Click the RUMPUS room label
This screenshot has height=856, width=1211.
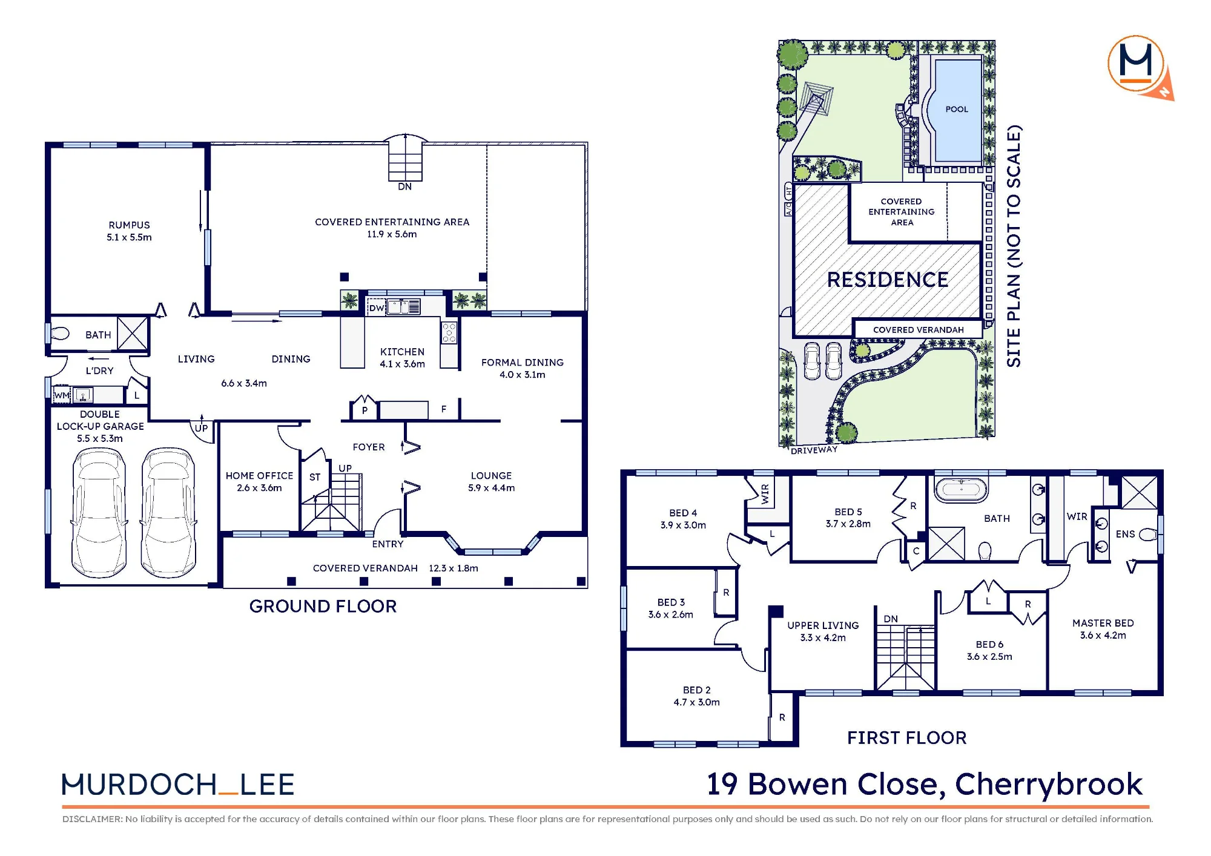click(129, 225)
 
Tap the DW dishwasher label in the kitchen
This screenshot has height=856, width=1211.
click(377, 308)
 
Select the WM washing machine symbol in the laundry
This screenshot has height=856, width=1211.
click(62, 395)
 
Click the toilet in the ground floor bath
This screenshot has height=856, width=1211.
click(59, 334)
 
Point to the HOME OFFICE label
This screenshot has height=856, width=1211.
click(259, 476)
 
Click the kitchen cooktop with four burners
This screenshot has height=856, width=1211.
click(449, 332)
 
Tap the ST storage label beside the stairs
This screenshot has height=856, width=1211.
click(315, 477)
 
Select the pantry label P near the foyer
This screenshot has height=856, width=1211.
click(365, 410)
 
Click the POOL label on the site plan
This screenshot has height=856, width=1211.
click(957, 109)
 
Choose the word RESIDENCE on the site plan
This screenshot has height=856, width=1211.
click(888, 280)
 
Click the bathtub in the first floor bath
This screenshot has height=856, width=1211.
click(962, 489)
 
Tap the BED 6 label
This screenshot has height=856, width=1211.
click(989, 644)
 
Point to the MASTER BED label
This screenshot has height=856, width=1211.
click(1103, 623)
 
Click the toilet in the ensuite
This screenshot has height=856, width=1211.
click(1148, 535)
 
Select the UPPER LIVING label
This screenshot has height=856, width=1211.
click(823, 625)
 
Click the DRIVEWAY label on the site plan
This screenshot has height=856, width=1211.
click(814, 450)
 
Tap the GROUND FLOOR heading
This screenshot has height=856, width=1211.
click(323, 606)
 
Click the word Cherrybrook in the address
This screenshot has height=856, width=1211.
click(1049, 785)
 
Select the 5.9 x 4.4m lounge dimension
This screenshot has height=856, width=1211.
click(491, 488)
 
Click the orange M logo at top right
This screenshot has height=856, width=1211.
click(1136, 64)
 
